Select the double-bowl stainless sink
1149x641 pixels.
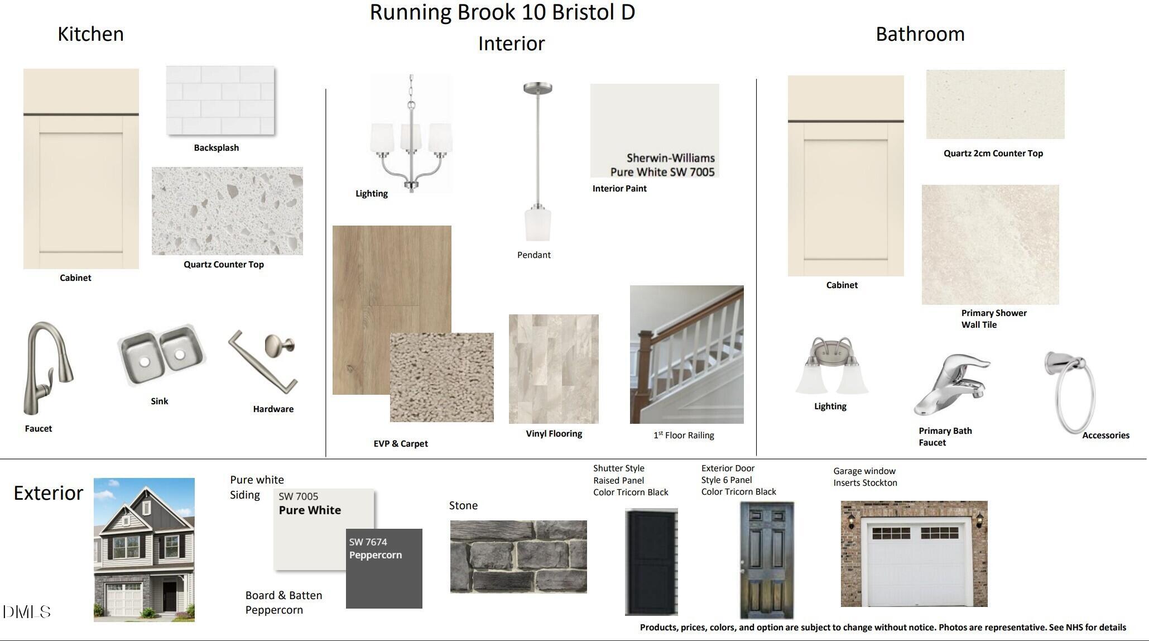[x=161, y=355]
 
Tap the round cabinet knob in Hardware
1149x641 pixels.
[x=280, y=344]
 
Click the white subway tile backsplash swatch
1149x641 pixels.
[x=220, y=101]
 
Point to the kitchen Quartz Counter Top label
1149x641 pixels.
[x=224, y=265]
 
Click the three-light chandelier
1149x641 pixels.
[x=411, y=134]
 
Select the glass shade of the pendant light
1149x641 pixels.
[x=538, y=224]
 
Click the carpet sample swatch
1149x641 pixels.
[x=442, y=377]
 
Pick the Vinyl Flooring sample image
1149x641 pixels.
[x=554, y=369]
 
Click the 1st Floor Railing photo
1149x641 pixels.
[x=687, y=355]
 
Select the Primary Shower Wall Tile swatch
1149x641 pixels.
[x=991, y=245]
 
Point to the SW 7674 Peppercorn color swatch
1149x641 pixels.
[x=384, y=568]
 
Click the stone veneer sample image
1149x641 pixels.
[x=518, y=557]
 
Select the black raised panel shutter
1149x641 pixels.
[x=651, y=561]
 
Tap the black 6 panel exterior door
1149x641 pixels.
[x=767, y=560]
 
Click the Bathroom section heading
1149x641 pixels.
[x=920, y=34]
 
